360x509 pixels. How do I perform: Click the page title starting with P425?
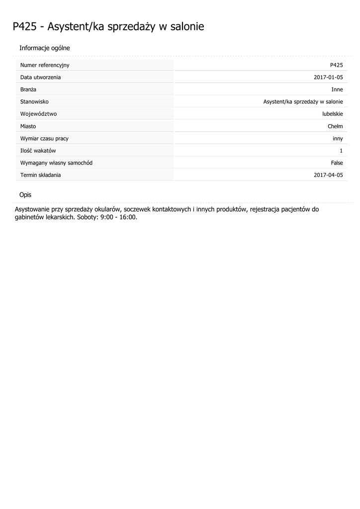(108, 27)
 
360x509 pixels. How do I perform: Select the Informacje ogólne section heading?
(44, 48)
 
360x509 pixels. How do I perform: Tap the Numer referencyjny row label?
(45, 65)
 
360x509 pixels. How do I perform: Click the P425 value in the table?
(336, 65)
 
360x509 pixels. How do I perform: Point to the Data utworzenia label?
(40, 78)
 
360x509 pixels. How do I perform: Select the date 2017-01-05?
(328, 78)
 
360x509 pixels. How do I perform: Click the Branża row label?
(28, 89)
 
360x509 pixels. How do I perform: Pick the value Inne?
(337, 89)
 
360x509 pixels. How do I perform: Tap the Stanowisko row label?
(34, 102)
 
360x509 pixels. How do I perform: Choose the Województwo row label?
(38, 114)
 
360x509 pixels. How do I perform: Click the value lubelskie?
(333, 114)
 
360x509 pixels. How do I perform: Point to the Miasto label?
(28, 126)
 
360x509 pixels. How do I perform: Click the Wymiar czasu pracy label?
(44, 138)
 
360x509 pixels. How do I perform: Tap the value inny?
(338, 138)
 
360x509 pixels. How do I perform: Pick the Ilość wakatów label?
(38, 151)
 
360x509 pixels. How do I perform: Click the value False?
(337, 163)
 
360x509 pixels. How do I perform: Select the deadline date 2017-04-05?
(328, 175)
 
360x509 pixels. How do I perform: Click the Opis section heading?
(25, 195)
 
